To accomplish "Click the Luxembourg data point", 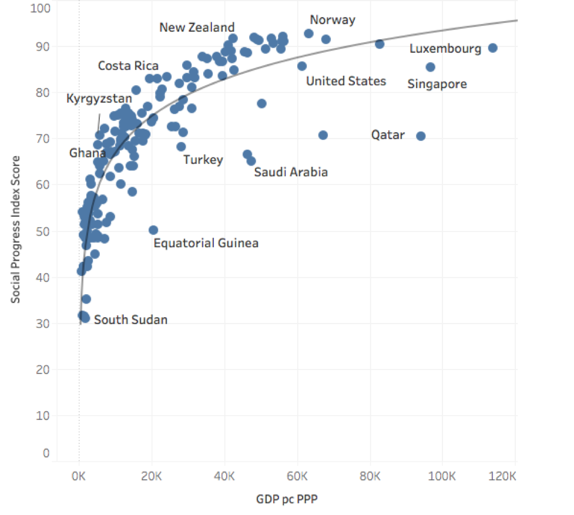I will [x=493, y=48].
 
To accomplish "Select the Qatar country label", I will [x=388, y=135].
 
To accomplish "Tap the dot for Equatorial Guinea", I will [x=153, y=230].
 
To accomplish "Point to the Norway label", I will [x=333, y=20].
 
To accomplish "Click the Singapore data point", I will [x=430, y=67].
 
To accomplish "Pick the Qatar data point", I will [x=421, y=136].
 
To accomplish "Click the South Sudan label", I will [x=130, y=320].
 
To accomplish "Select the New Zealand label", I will [x=197, y=28].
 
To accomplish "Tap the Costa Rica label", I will [x=128, y=66].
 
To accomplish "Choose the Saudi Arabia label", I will [x=291, y=172].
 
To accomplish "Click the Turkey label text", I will [x=203, y=160].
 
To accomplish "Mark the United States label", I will [x=346, y=81].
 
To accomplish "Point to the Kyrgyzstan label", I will [x=99, y=99].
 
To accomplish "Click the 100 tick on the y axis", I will [x=45, y=8].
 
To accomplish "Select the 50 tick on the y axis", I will [x=45, y=231].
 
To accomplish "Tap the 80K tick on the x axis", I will [x=370, y=475].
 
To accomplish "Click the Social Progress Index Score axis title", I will [x=16, y=229].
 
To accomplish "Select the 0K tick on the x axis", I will [x=79, y=475].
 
